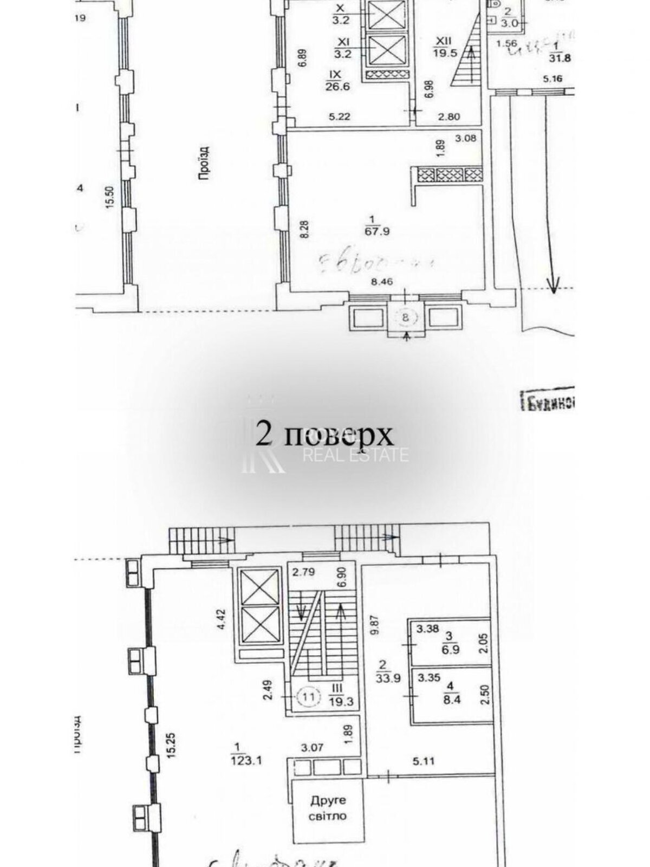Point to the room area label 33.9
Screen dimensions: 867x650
click(x=390, y=678)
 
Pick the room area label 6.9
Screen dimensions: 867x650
click(x=451, y=649)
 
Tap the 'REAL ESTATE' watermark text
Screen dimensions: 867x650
click(x=356, y=455)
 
